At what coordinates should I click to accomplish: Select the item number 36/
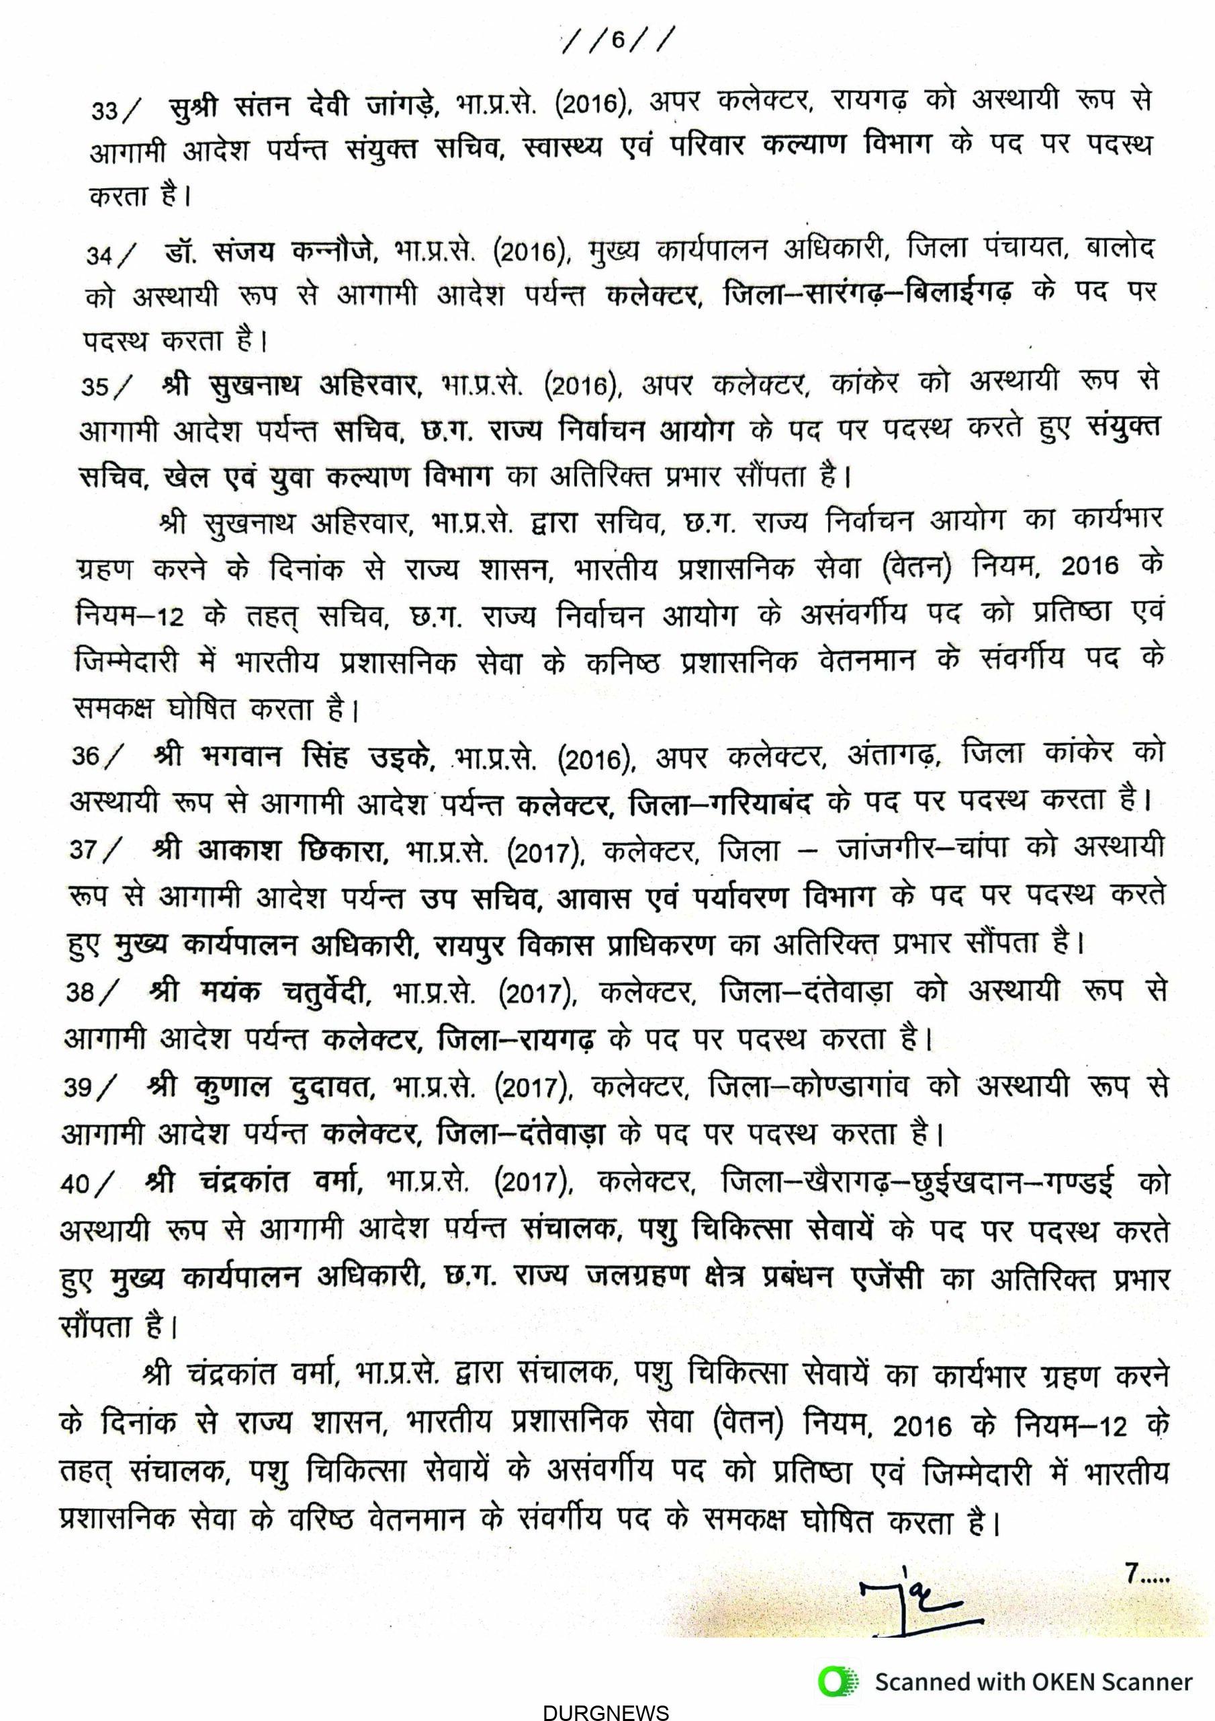coord(95,756)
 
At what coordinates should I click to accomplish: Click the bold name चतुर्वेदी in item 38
coord(327,992)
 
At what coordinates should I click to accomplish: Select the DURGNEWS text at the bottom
coord(605,1712)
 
